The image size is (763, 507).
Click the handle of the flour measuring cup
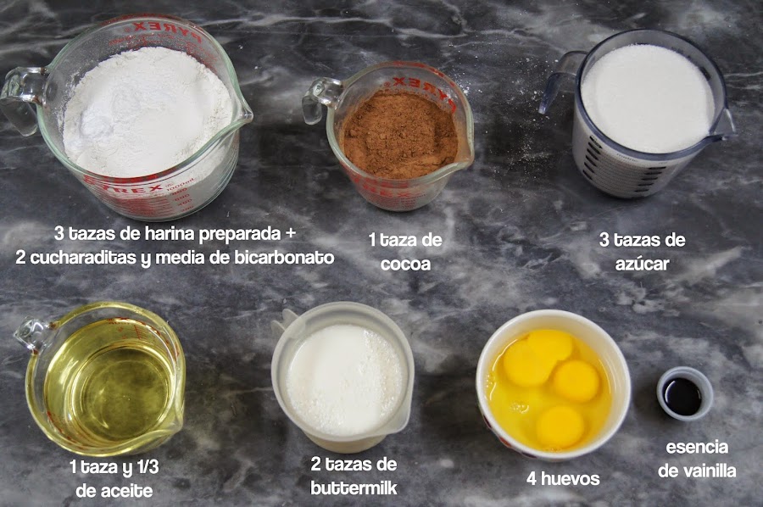tap(19, 97)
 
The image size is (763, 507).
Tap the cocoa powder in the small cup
tap(400, 134)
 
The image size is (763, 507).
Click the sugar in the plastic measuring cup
tap(648, 97)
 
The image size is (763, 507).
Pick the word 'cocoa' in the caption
tap(405, 264)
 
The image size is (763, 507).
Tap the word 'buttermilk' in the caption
tap(354, 487)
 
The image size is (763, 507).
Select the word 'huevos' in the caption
tap(571, 479)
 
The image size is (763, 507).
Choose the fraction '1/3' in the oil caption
tap(147, 467)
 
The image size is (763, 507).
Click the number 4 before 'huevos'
tap(532, 479)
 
